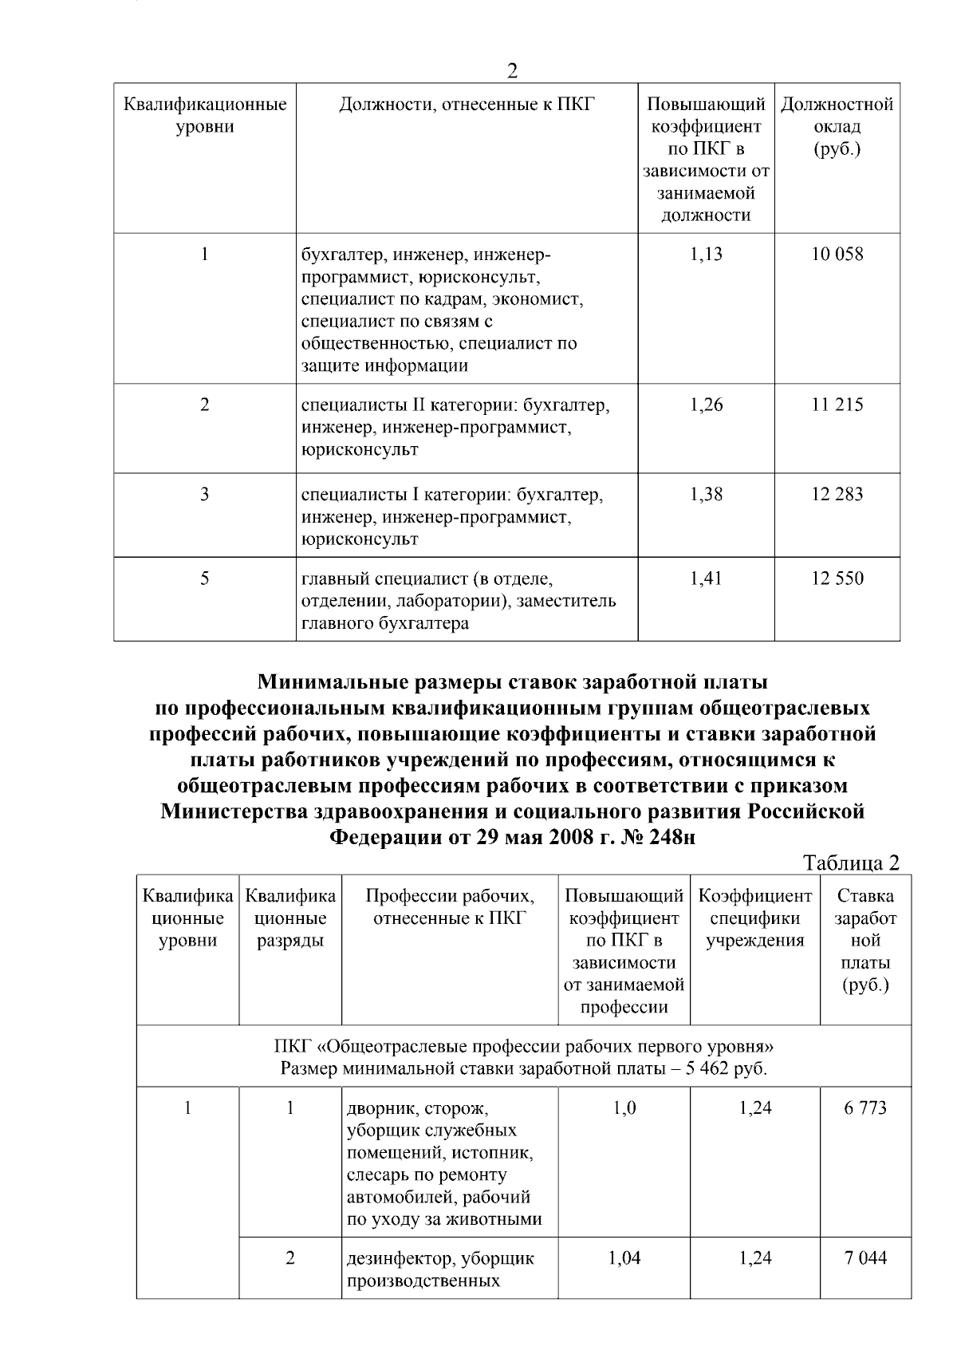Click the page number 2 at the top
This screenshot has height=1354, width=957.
[x=512, y=71]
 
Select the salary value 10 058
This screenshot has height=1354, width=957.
[x=837, y=255]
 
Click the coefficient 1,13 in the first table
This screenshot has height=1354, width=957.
[x=706, y=255]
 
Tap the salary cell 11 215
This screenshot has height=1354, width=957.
[x=837, y=405]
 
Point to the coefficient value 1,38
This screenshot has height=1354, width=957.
[x=706, y=494]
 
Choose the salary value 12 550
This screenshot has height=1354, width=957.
[x=837, y=578]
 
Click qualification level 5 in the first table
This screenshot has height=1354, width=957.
[x=205, y=578]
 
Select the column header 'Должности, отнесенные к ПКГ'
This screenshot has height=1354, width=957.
[x=467, y=105]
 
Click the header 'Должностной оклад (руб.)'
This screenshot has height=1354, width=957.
[x=837, y=126]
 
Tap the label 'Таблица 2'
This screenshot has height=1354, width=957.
[x=851, y=863]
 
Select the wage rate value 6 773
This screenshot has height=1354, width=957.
[x=865, y=1108]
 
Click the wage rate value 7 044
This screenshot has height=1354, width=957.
[x=865, y=1258]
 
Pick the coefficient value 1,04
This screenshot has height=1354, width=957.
[x=624, y=1258]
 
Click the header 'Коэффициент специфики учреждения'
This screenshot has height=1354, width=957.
[x=755, y=918]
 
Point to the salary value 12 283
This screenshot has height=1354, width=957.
[x=837, y=494]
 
